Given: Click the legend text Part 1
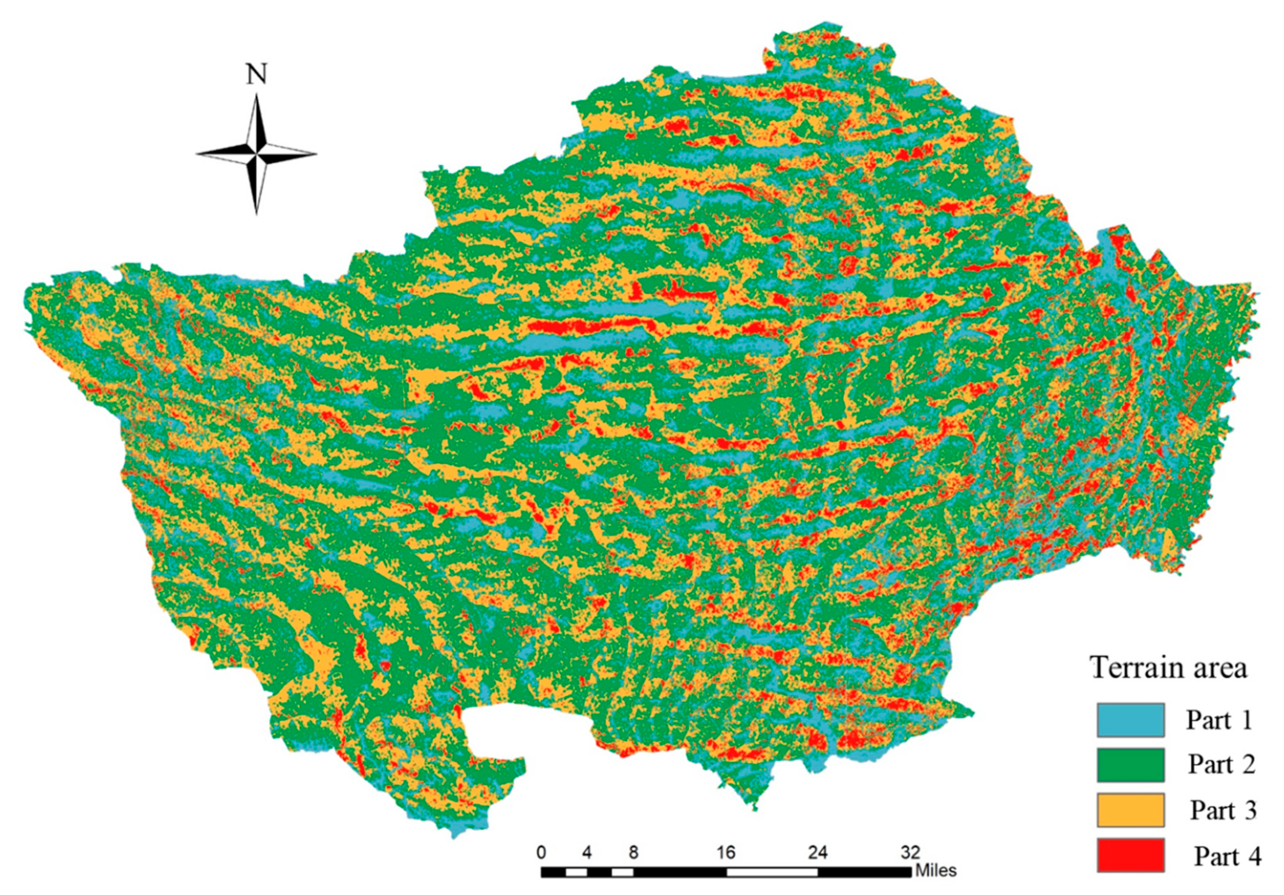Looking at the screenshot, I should tap(1219, 720).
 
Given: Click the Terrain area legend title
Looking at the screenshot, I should tap(1169, 668).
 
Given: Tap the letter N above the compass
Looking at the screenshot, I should tap(257, 74).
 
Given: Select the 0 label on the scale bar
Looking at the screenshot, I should tap(541, 852).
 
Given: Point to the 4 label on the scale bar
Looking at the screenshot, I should tap(587, 852).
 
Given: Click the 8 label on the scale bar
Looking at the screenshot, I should tap(633, 852).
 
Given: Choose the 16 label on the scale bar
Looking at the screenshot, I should tap(726, 852).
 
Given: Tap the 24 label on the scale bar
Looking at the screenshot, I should tap(818, 852).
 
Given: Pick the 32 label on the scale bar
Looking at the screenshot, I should tap(910, 852).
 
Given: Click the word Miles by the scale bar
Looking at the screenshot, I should tap(935, 871).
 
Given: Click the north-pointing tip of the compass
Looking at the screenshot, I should tap(257, 96).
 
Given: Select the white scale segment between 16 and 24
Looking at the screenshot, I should tap(772, 871).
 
